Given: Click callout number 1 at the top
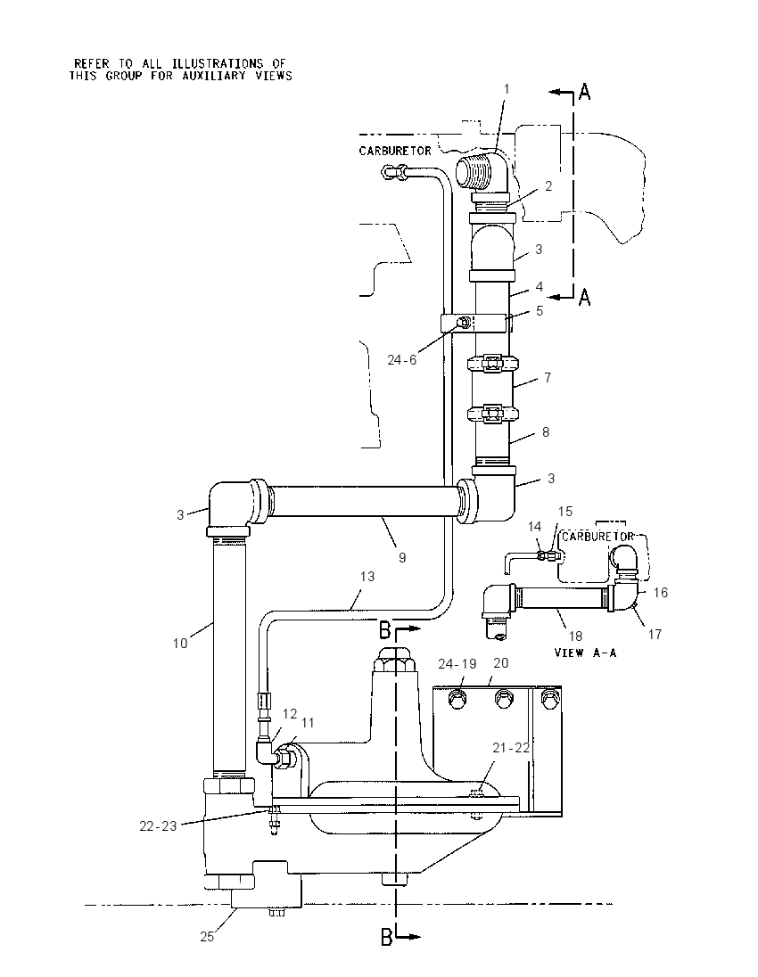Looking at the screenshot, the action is [507, 89].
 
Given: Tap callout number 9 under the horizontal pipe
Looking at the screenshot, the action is [402, 558].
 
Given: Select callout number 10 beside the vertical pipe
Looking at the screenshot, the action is [180, 643].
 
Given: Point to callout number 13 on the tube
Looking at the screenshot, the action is [367, 577].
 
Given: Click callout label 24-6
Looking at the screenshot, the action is [401, 359].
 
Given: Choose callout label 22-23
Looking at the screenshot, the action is [158, 826].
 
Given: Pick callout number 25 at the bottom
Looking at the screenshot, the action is [207, 937].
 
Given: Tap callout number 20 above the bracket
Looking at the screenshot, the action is [501, 663].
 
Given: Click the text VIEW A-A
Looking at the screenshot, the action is [585, 653].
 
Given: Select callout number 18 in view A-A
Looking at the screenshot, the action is [575, 636].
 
